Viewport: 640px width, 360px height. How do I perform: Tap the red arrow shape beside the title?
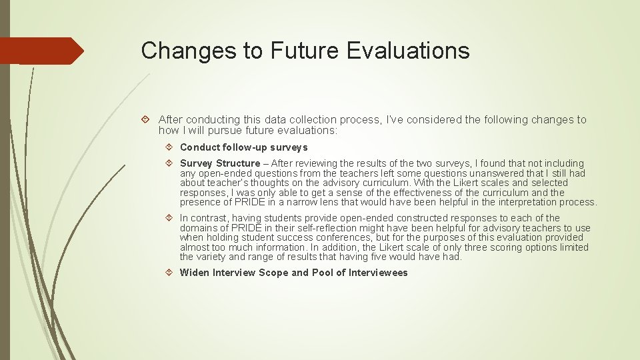click(43, 51)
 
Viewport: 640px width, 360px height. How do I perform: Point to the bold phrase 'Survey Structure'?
click(219, 163)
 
